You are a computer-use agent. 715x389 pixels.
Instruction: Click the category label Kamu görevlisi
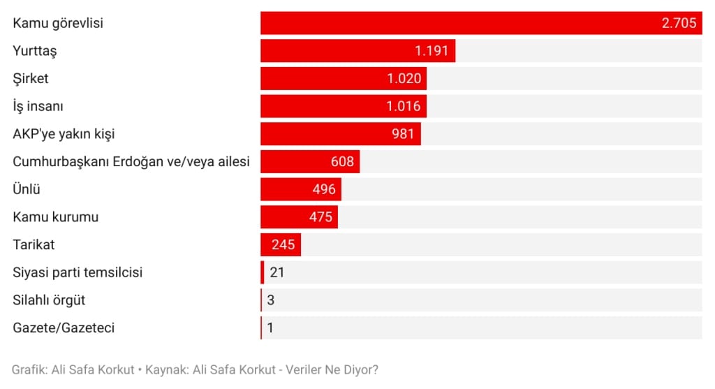(58, 23)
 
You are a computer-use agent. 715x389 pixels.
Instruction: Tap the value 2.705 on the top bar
(679, 23)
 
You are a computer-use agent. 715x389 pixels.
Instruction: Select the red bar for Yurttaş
(335, 51)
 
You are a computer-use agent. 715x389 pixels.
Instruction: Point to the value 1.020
(404, 78)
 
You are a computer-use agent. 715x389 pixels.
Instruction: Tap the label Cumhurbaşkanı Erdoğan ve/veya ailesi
(131, 161)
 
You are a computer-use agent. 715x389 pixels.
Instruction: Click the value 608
(343, 161)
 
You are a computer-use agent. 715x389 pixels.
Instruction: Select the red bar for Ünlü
(286, 189)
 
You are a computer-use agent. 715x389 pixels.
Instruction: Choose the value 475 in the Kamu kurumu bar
(320, 216)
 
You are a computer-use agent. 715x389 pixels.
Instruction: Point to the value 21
(277, 272)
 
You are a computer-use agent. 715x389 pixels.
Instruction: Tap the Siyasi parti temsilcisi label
(78, 272)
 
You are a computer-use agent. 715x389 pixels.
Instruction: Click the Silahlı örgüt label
(49, 300)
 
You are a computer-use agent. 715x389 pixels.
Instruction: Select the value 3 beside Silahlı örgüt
(270, 300)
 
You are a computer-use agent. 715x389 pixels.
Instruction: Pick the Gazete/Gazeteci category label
(64, 328)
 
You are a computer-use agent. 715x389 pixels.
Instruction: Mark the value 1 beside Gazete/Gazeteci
(270, 328)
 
